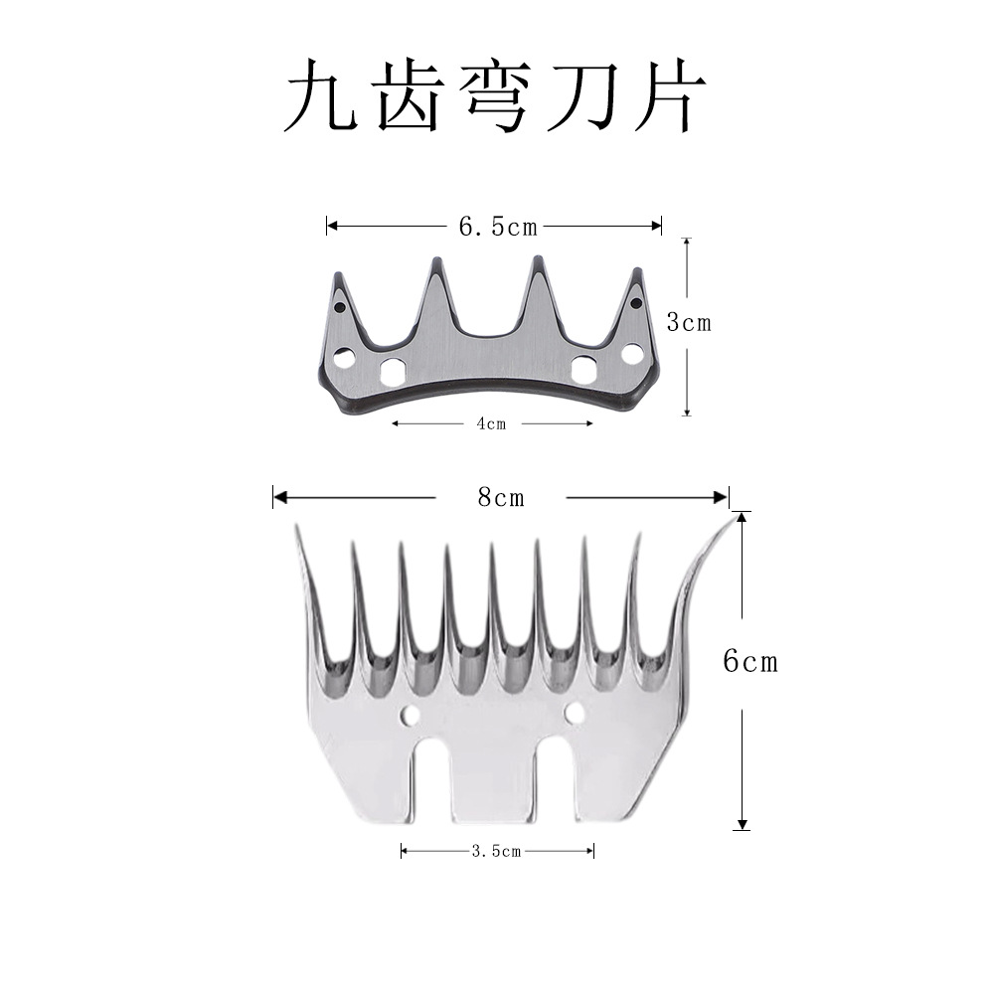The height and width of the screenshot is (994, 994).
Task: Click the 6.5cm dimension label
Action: [x=497, y=227]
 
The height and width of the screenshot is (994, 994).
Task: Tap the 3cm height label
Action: [x=689, y=323]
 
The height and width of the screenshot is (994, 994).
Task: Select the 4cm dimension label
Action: [x=491, y=423]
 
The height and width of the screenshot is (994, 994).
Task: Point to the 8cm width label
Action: [x=500, y=497]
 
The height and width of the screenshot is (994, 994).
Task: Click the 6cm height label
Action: [x=750, y=663]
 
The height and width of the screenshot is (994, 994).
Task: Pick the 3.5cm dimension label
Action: [x=497, y=851]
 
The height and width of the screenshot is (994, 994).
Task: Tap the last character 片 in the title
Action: [x=673, y=98]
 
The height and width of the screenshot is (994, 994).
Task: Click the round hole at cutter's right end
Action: [x=631, y=352]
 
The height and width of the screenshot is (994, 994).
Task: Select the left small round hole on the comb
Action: [x=407, y=715]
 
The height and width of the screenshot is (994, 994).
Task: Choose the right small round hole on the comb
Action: [x=574, y=712]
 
